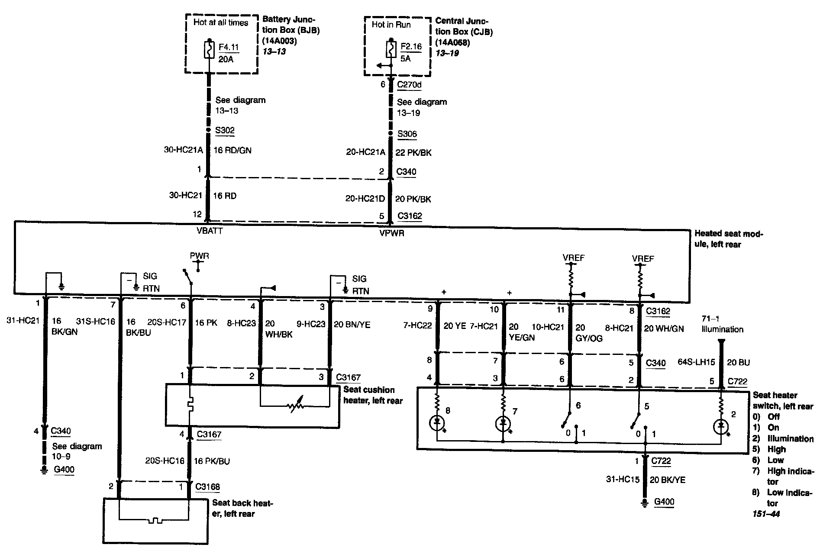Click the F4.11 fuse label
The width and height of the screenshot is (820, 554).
pos(228,47)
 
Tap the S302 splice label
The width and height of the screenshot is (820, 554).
pos(225,130)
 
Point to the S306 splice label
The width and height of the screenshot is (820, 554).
pos(407,134)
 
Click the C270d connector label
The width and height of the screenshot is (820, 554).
pos(409,84)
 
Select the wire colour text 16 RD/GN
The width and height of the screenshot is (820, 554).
pos(232,151)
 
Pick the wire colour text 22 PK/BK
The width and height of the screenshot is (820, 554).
pos(413,153)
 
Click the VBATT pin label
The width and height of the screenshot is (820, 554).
pos(210,231)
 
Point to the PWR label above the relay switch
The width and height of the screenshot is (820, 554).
pos(199,256)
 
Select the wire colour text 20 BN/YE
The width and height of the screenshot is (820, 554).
pos(352,325)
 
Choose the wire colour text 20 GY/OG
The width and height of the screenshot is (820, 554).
pos(589,333)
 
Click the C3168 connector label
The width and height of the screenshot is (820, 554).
pos(207,486)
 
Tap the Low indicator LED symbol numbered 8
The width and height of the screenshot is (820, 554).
pos(437,422)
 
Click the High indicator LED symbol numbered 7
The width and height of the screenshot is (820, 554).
pos(503,423)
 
